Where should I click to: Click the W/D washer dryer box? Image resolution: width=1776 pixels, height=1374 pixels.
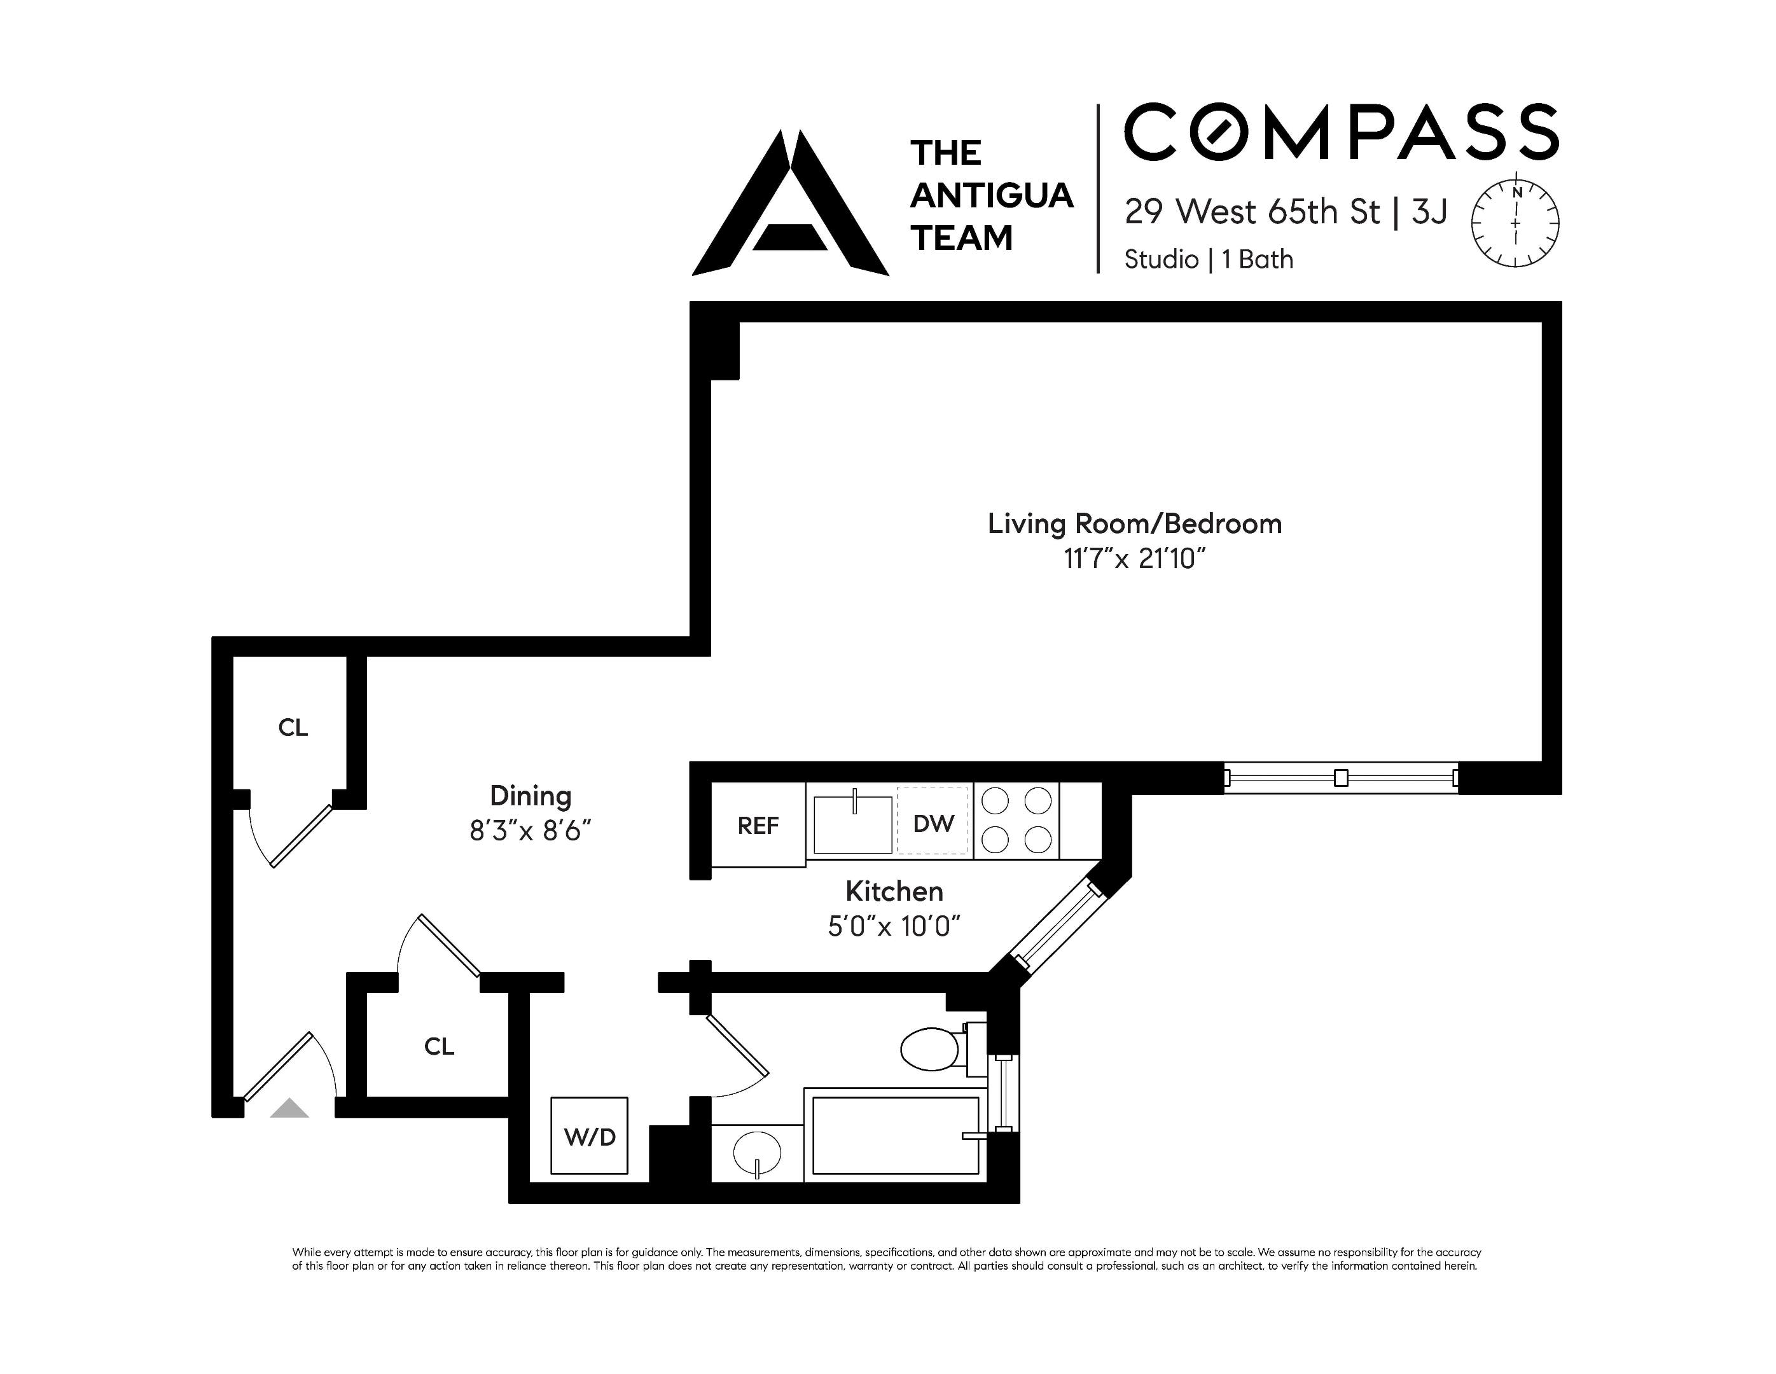pyautogui.click(x=589, y=1136)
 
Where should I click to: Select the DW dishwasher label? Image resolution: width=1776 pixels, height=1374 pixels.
pyautogui.click(x=933, y=824)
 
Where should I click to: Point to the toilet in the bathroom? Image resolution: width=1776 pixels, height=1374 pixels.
pyautogui.click(x=932, y=1049)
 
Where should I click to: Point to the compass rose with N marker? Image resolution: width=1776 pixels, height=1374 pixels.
pyautogui.click(x=1515, y=223)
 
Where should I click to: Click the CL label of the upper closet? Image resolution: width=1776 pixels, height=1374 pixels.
pyautogui.click(x=293, y=728)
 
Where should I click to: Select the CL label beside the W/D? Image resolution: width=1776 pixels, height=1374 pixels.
pyautogui.click(x=438, y=1046)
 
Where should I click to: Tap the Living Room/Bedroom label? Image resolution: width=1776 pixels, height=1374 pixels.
pyautogui.click(x=1134, y=524)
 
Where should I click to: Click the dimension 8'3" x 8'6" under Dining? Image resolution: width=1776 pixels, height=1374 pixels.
pyautogui.click(x=529, y=831)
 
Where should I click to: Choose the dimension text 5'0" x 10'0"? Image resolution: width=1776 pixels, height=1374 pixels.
pyautogui.click(x=894, y=926)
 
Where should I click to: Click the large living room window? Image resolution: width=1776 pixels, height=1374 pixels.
pyautogui.click(x=1340, y=778)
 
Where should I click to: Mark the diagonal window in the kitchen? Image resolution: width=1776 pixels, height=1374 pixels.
pyautogui.click(x=1055, y=927)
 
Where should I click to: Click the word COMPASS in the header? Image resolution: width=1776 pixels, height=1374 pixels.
pyautogui.click(x=1340, y=132)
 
